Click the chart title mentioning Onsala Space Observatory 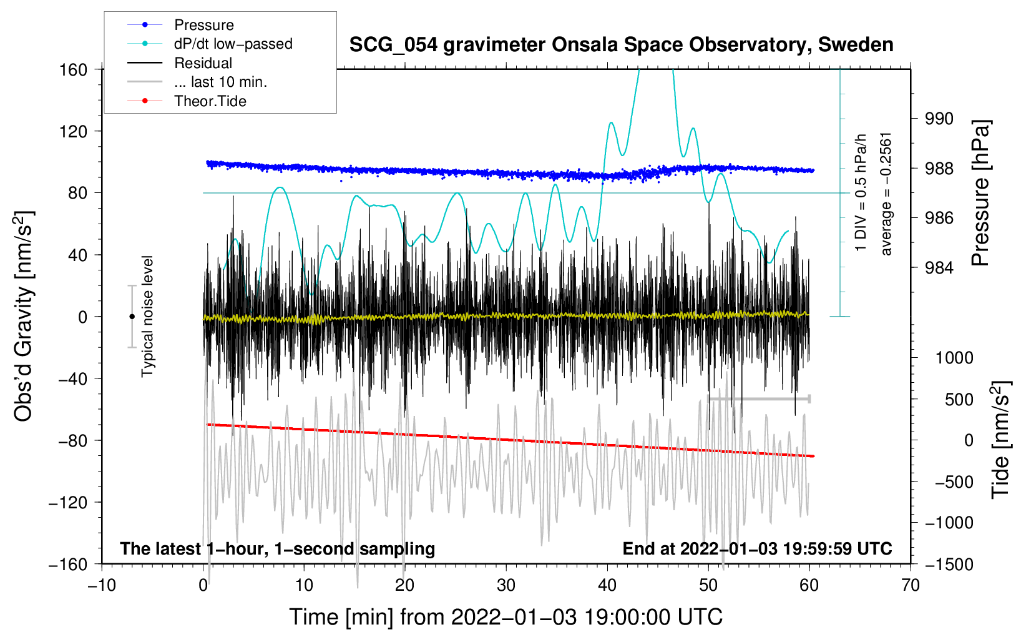point(621,45)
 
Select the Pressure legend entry point(203,25)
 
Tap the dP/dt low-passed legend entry point(233,44)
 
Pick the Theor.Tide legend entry point(210,101)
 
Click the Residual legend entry point(203,63)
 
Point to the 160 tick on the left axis point(74,69)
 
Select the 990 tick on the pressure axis point(939,119)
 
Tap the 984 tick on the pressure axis point(939,268)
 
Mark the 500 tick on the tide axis point(959,399)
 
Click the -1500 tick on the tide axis point(949,564)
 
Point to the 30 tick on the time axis point(506,585)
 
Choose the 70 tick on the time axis point(911,585)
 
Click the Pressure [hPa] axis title point(980,194)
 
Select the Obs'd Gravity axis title point(24,316)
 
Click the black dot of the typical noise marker point(132,317)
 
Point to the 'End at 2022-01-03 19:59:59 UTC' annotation point(757,548)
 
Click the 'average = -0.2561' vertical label point(886,194)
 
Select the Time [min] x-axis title point(506,617)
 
